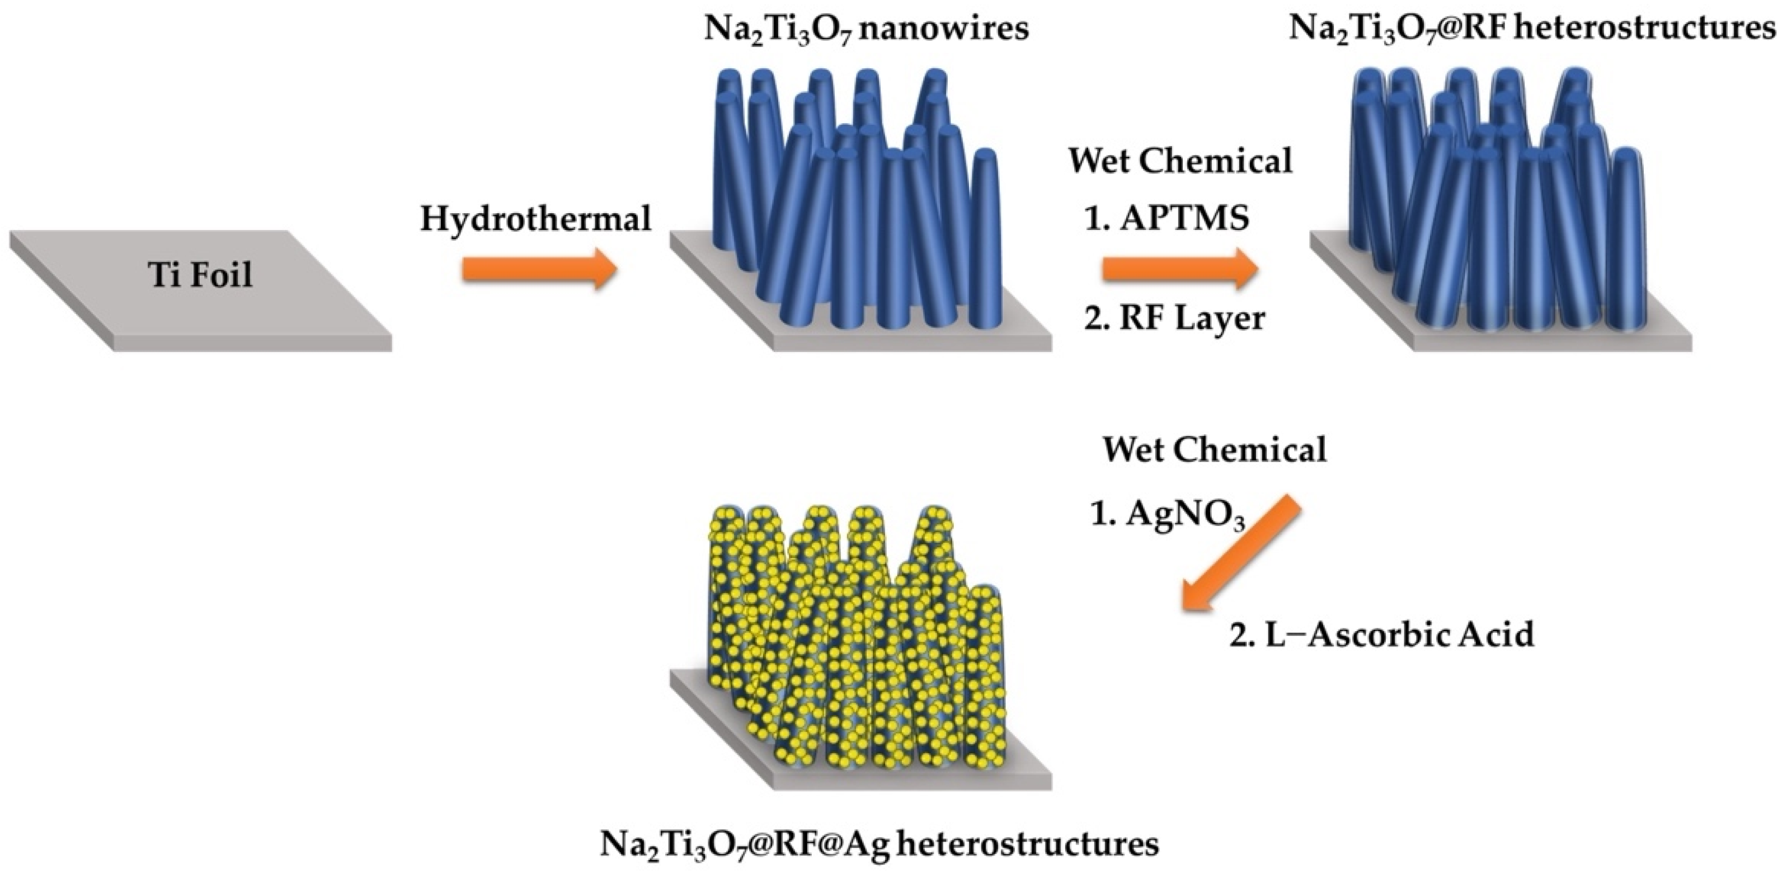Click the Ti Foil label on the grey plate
click(200, 275)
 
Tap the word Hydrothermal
click(535, 219)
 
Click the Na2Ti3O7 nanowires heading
click(866, 30)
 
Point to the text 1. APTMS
click(1166, 219)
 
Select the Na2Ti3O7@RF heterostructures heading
click(1532, 30)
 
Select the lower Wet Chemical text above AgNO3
click(1214, 450)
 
